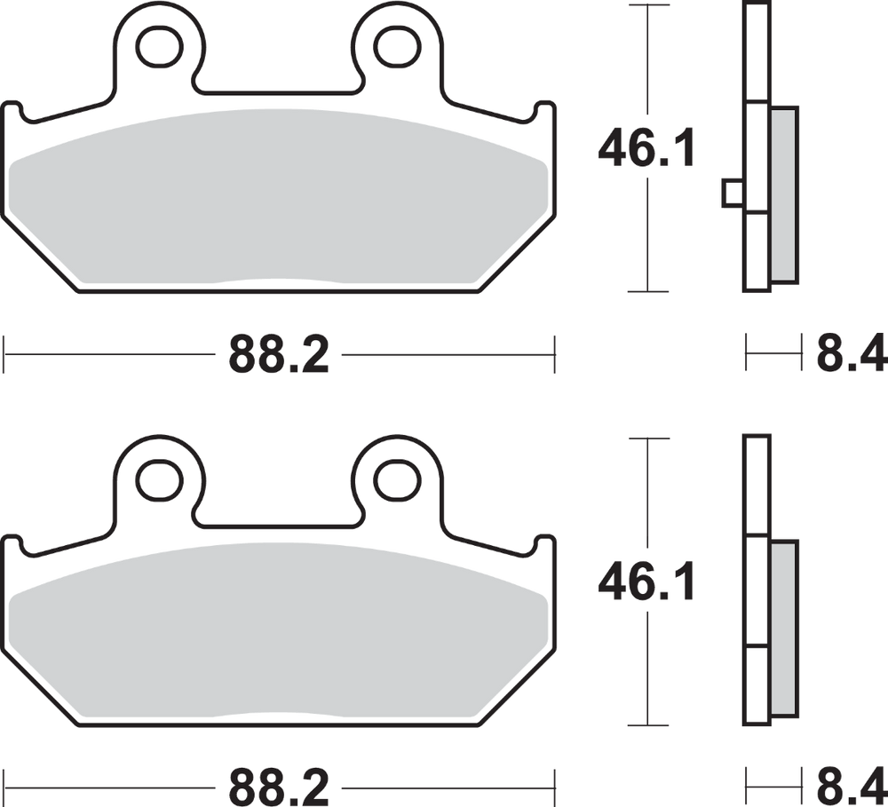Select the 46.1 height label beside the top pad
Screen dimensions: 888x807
coord(646,147)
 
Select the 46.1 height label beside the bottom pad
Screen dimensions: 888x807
coord(646,582)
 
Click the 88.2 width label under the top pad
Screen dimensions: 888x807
coord(279,354)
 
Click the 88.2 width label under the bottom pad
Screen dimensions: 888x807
coord(279,787)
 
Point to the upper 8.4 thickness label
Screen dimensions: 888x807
coord(851,353)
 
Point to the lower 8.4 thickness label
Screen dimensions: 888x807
coord(851,787)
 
